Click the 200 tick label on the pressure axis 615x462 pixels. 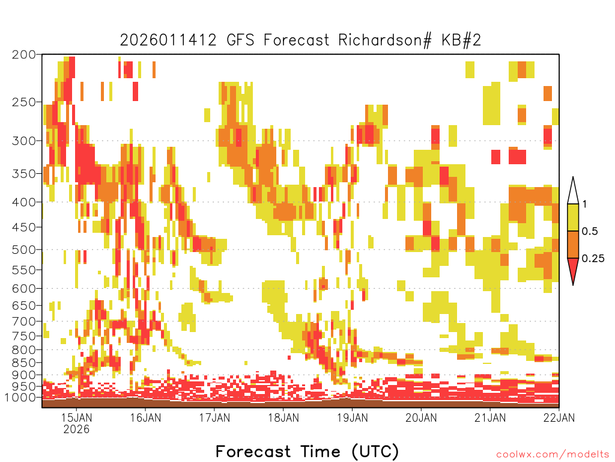(x=23, y=55)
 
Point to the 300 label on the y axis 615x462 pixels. (x=23, y=141)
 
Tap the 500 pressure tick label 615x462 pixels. (x=23, y=250)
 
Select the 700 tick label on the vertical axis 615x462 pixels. (x=23, y=321)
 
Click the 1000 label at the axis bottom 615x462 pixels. (x=20, y=397)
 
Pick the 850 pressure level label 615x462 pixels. (x=23, y=363)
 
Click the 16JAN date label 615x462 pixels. (x=145, y=417)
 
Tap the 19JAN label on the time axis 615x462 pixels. (x=352, y=417)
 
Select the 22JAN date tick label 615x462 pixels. (x=559, y=417)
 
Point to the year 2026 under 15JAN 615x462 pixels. (x=76, y=429)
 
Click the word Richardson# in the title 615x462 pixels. (x=385, y=40)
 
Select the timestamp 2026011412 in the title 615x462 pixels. (x=168, y=40)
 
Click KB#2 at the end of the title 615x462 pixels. (x=461, y=40)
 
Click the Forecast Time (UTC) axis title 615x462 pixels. (x=307, y=452)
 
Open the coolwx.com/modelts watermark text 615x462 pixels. (x=553, y=455)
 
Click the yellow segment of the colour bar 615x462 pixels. (x=573, y=217)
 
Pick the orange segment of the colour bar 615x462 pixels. (x=573, y=244)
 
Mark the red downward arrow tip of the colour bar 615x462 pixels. (x=573, y=285)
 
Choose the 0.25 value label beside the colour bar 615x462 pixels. (x=593, y=259)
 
